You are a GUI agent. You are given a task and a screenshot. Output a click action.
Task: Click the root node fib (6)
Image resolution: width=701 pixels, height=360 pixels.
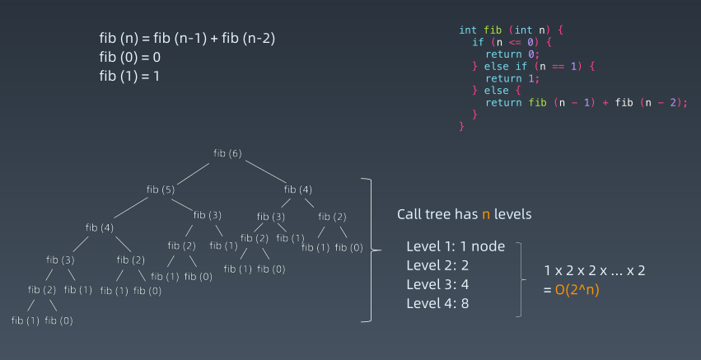(x=227, y=154)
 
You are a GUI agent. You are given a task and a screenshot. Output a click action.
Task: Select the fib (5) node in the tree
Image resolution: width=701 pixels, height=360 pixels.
(x=161, y=189)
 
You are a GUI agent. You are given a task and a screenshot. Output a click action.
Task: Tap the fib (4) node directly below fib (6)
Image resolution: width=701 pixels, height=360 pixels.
(x=298, y=189)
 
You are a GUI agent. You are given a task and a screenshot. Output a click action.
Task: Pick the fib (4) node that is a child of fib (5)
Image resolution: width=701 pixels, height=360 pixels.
(x=100, y=227)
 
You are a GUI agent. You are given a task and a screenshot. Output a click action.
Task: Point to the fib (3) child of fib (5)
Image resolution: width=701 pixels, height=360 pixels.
(x=208, y=215)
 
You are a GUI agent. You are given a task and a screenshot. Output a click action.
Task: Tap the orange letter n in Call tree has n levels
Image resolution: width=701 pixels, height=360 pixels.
(x=485, y=214)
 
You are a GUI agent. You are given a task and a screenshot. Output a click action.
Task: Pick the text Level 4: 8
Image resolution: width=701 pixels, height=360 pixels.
(x=437, y=302)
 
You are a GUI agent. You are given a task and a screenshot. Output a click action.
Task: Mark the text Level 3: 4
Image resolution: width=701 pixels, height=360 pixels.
(x=437, y=283)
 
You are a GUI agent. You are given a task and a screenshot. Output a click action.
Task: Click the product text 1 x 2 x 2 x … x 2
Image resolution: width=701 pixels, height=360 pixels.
(x=594, y=270)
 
